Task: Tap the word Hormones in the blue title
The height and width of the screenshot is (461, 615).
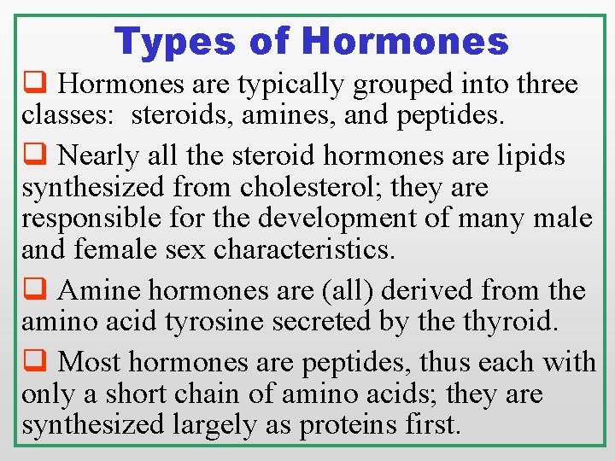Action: coord(405,41)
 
